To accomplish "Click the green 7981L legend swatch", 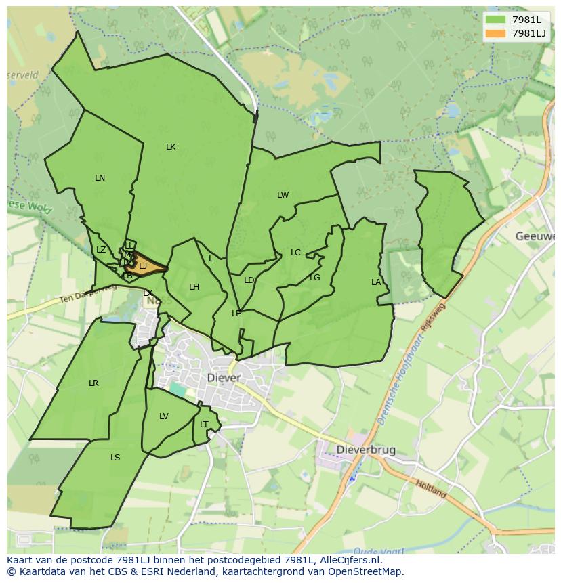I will point(495,20).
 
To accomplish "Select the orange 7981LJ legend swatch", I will point(495,33).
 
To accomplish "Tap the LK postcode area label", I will point(171,147).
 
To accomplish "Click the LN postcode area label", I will point(100,178).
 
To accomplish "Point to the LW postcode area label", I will point(283,195).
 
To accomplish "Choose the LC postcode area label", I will point(295,253).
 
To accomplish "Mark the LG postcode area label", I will point(314,278).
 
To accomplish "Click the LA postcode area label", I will point(376,282).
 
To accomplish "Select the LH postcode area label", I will point(194,287).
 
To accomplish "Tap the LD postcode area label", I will point(249,280).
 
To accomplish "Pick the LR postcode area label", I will point(93,383).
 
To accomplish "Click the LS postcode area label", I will point(115,458).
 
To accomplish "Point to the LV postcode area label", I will point(163,416).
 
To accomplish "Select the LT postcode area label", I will point(204,425).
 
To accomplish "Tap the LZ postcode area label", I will point(101,250).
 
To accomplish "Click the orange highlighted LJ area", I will point(144,266).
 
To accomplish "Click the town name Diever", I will point(224,378).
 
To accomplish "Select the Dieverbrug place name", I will point(367,450).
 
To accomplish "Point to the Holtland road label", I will point(431,489).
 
